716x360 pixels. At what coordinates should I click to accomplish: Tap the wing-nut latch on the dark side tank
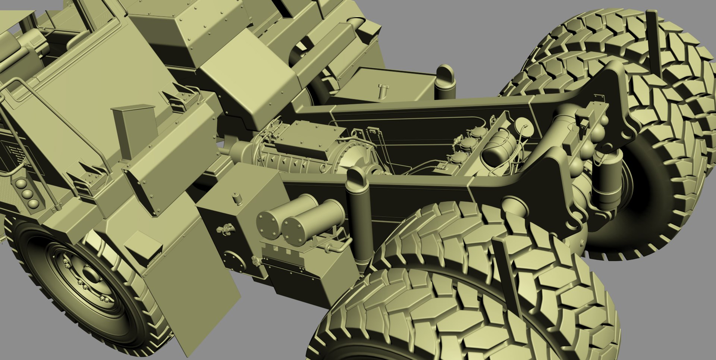tap(225, 228)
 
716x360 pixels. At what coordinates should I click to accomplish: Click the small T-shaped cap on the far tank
tap(383, 90)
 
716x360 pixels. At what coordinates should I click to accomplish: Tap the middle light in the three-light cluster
tap(27, 194)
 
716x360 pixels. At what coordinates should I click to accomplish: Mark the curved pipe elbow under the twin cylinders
tap(337, 247)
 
